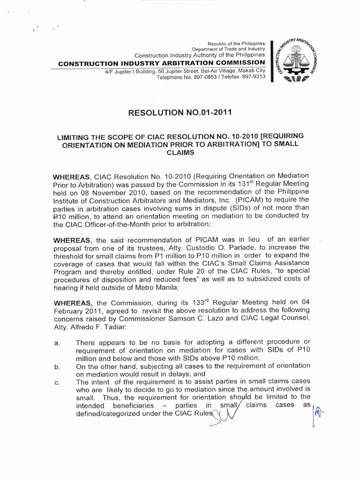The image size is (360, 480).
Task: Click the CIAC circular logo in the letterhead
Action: pos(298,61)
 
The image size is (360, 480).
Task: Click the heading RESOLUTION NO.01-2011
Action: pos(180,112)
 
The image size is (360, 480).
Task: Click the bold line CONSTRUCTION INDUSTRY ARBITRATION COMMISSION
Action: pos(161,63)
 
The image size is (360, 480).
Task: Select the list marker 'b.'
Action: pos(57,367)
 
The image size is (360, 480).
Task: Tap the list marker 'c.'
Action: pos(57,383)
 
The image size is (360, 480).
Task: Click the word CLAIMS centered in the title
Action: pos(180,152)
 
